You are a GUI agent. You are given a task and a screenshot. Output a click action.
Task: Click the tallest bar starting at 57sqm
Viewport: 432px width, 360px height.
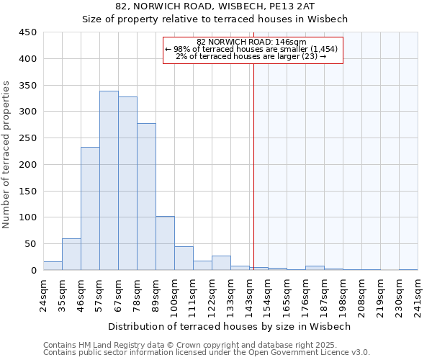point(109,181)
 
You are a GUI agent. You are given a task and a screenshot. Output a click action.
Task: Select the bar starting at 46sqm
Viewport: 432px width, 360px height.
point(90,209)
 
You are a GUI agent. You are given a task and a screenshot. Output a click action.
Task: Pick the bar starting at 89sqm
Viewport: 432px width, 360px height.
point(165,243)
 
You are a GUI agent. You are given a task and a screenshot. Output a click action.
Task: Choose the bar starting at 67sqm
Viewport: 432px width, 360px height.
point(127,184)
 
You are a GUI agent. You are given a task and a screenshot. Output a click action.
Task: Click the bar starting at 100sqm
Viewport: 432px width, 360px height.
point(184,258)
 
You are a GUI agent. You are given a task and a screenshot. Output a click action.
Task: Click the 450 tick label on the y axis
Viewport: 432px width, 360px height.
point(27,32)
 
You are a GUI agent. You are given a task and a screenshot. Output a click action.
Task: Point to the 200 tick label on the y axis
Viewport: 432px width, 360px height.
point(27,164)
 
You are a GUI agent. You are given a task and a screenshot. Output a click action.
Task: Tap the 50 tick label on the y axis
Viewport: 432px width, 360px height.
point(30,243)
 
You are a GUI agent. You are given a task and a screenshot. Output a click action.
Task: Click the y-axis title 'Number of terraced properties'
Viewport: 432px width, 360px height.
point(6,155)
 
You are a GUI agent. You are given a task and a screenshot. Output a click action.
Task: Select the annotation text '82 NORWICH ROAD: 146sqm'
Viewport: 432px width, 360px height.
point(251,42)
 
